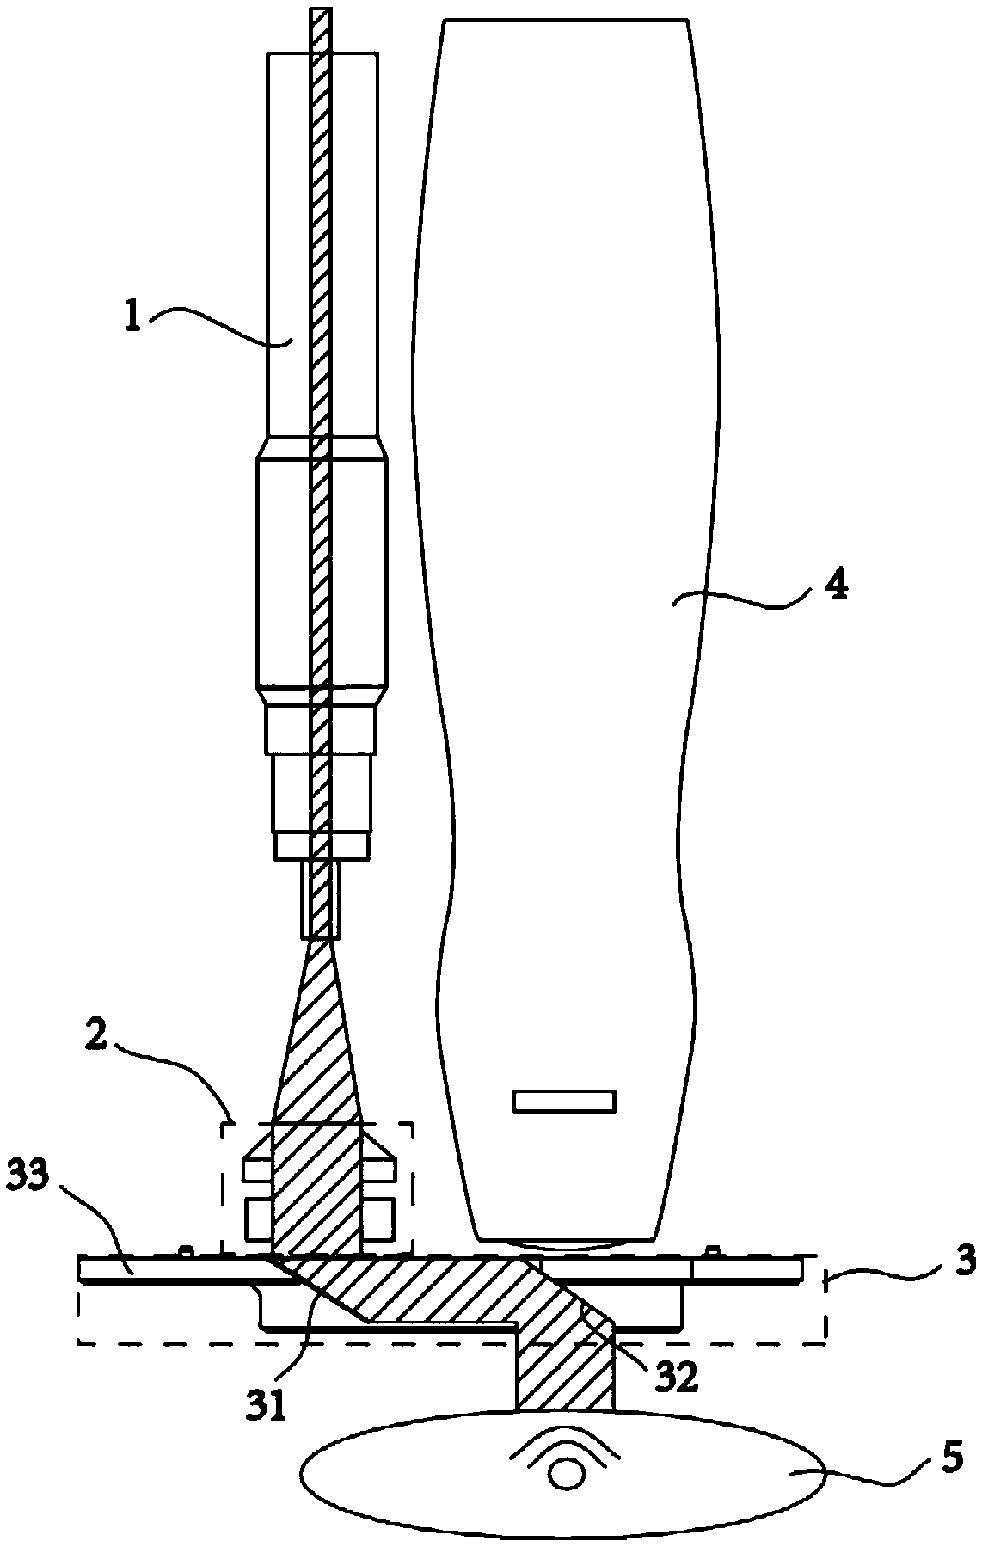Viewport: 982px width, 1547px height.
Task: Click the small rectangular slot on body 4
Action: point(564,1102)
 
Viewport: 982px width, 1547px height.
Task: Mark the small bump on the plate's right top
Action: point(711,1249)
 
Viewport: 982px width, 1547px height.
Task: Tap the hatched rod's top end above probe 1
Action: point(320,17)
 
